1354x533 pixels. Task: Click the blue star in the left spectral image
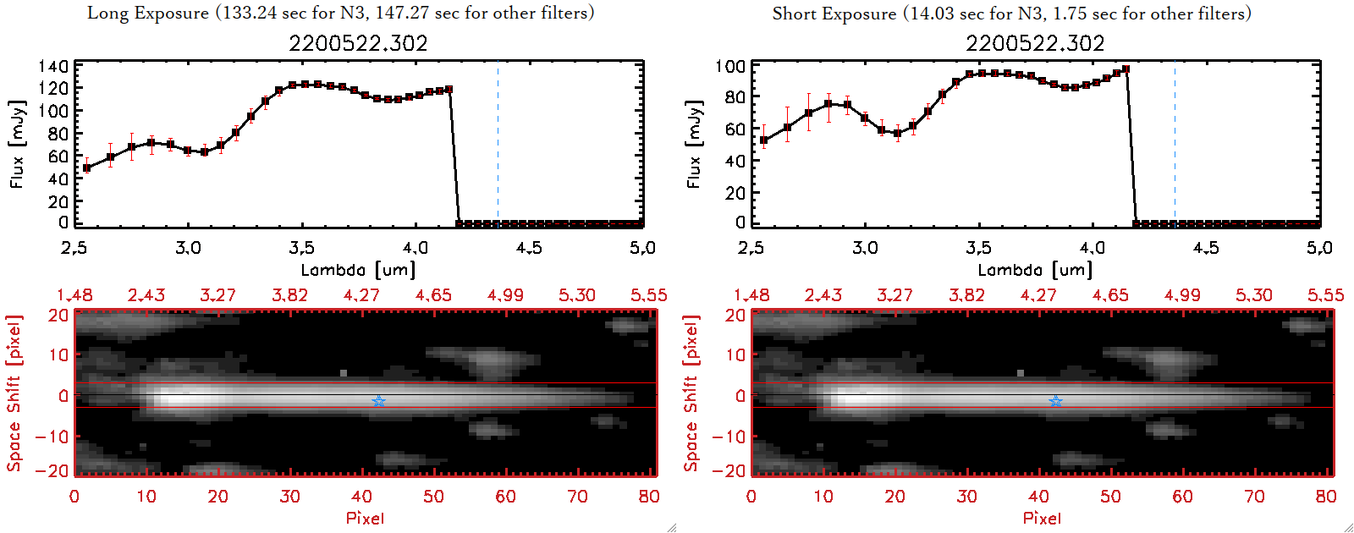point(378,401)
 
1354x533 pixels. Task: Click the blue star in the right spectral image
point(1055,401)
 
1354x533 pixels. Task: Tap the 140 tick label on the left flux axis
point(53,66)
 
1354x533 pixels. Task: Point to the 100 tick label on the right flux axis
point(730,66)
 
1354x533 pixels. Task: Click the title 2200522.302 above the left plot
point(358,43)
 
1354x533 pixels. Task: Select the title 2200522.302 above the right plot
point(1035,43)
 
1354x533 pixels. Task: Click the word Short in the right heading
point(794,14)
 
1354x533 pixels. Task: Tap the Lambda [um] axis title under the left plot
point(358,270)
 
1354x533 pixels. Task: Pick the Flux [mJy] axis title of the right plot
point(694,144)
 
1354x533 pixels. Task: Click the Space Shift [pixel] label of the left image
point(14,393)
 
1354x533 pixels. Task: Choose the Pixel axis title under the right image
point(1042,518)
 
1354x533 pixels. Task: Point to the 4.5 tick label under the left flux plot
point(529,248)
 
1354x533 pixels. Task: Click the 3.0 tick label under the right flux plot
point(865,248)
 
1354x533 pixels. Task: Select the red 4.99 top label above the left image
point(505,295)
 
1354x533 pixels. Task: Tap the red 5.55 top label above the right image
point(1325,295)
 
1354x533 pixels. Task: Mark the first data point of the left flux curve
point(86,168)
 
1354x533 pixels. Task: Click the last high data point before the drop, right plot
point(1126,69)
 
